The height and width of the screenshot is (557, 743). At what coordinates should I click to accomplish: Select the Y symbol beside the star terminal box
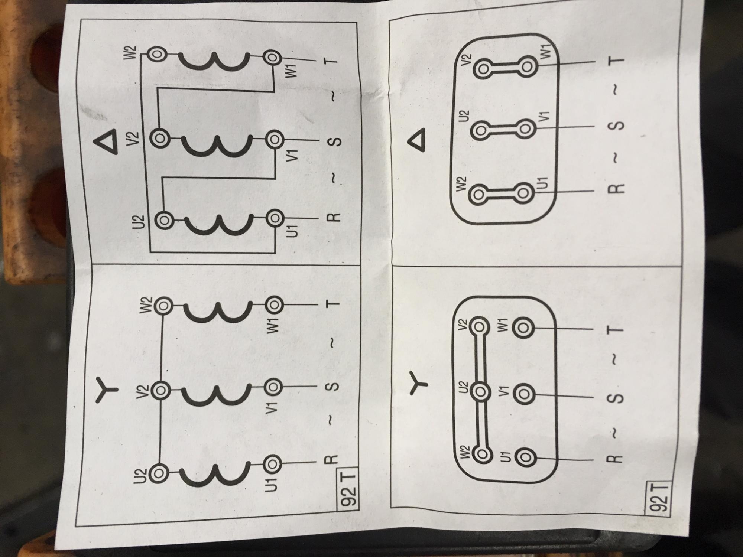coord(419,382)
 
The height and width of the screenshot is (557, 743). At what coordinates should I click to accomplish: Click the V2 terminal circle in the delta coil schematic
coord(160,138)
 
